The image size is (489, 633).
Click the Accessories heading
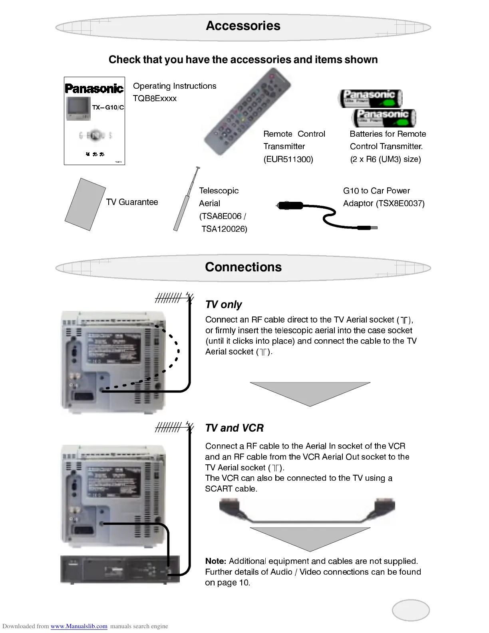(243, 26)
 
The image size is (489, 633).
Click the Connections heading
(243, 267)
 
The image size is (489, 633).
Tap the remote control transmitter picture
(248, 112)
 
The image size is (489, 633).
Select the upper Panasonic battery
(370, 98)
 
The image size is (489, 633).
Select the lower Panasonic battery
(384, 118)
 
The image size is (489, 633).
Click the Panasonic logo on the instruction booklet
(94, 88)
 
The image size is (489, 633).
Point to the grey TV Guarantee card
(85, 204)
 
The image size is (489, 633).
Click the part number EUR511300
(288, 159)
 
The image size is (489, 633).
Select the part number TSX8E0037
(400, 203)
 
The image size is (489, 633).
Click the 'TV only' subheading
(223, 305)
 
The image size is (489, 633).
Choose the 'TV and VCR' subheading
(234, 428)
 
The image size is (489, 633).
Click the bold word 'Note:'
(216, 561)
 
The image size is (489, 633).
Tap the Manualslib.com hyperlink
(79, 626)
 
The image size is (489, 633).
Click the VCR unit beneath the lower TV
(120, 570)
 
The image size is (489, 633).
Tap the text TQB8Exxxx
(155, 98)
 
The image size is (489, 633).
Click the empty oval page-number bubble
(411, 610)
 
